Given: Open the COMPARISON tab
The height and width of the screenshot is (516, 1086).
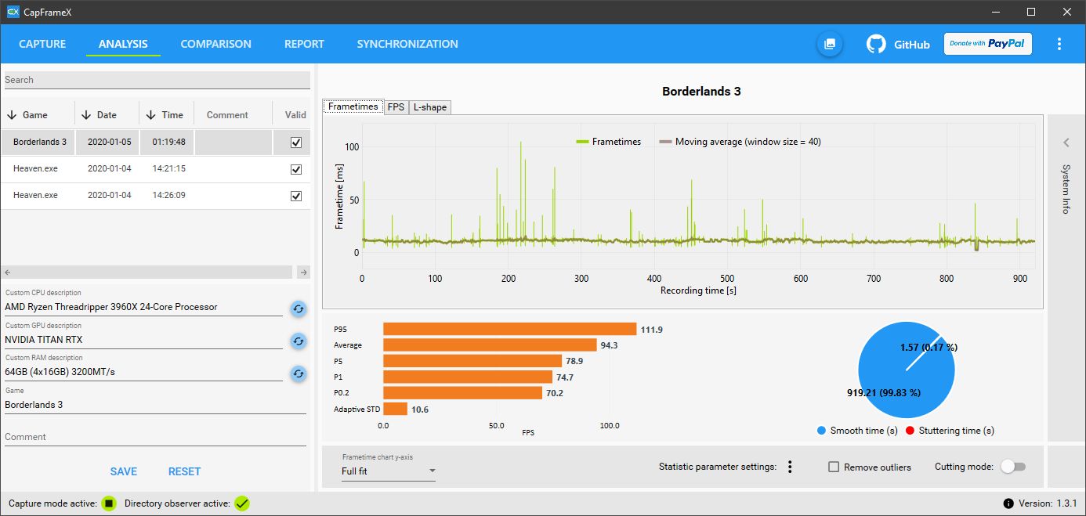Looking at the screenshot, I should pos(215,44).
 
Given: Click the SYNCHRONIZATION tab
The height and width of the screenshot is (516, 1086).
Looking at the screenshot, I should pos(407,44).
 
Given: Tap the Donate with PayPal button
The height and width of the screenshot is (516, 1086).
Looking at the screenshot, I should pos(987,44).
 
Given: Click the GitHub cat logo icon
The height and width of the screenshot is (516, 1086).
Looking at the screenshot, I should pos(876,44).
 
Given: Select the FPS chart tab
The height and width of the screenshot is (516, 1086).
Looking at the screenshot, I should pos(396,107).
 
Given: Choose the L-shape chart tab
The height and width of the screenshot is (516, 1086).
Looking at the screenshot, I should pos(430,107).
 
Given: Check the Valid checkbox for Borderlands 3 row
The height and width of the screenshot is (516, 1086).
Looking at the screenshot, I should pos(295,143).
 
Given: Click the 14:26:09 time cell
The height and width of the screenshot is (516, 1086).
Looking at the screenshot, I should pos(168,195).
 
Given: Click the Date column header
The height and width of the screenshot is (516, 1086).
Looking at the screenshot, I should pos(107,115).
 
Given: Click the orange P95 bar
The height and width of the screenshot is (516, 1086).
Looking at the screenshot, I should pos(509,329).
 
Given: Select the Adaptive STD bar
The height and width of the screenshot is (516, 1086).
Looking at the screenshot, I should pos(395,409).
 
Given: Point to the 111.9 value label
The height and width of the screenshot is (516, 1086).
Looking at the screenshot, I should pos(651,330).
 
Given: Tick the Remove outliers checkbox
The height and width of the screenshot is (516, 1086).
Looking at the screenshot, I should pos(834,467).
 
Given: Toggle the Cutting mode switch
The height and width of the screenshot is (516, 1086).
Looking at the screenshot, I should pos(1013,467).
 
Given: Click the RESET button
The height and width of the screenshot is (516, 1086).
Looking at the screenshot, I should pos(184,471).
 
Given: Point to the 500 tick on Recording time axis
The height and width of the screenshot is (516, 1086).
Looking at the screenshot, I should pos(727,278).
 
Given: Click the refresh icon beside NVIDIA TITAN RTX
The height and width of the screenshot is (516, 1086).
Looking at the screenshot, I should pos(298,341).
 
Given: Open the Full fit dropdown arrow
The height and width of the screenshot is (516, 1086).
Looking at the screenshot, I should pos(431,471).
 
